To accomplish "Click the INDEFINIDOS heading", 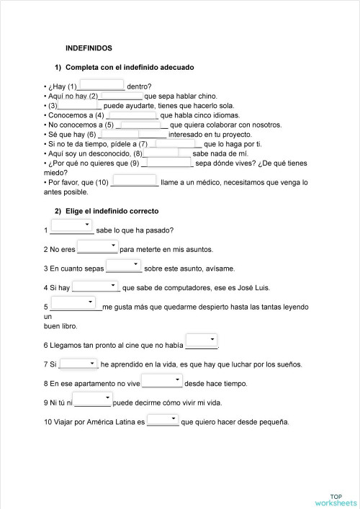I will click(89, 48).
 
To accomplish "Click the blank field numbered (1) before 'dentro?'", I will click(101, 85).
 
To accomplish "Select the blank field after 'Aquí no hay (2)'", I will click(121, 94).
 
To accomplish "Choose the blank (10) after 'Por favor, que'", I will click(135, 181).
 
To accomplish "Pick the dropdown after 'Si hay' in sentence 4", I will click(95, 286).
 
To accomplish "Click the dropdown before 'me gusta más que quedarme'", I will click(76, 305).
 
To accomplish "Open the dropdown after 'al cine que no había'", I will click(201, 341).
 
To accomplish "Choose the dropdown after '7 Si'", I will click(78, 363).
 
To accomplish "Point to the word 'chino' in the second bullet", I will click(206, 96).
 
